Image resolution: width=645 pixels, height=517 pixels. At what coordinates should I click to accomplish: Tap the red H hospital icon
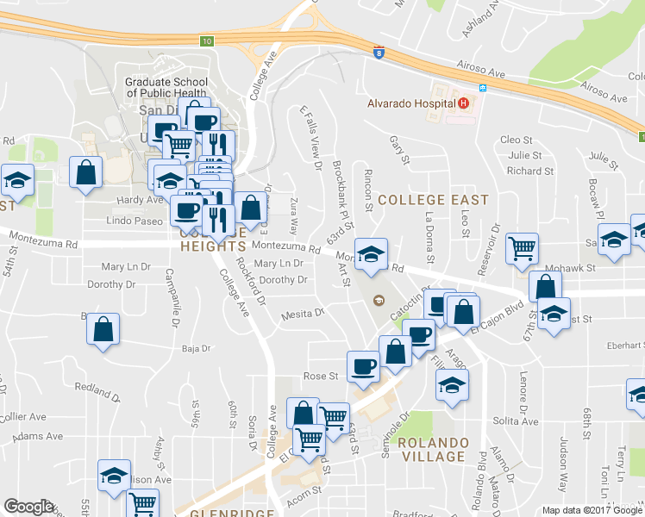coord(464,103)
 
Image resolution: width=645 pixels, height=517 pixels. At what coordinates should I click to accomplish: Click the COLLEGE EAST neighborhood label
coord(434,199)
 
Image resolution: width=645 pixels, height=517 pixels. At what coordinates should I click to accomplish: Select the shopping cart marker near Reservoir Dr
coord(522,249)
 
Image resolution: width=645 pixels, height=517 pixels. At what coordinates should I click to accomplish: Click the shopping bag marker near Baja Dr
coord(103,328)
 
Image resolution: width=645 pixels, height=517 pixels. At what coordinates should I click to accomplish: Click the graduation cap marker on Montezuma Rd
coord(371,254)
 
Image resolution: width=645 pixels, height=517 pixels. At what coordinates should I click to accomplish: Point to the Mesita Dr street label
coord(302,315)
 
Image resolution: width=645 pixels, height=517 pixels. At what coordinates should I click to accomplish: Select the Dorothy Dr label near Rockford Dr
coord(283,280)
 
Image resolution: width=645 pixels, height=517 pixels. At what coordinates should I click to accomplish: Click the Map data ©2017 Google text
coord(592,510)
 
